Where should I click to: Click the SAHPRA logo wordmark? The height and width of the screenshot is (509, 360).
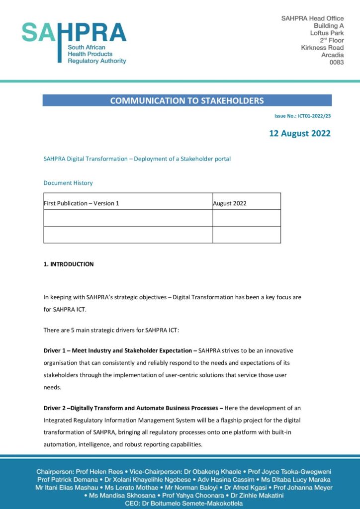pos(74,33)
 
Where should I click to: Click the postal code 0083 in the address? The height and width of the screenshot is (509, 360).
pos(336,63)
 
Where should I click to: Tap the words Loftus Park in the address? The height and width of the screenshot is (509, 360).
pos(327,33)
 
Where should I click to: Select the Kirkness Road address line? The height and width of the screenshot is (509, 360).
pos(322,48)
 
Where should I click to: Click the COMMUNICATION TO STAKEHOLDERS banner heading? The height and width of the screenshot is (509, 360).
pos(187,100)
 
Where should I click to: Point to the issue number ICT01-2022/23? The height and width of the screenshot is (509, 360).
pos(314,116)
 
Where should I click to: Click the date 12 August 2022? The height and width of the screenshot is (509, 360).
pos(300,133)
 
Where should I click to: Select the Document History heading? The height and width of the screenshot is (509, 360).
pos(68,183)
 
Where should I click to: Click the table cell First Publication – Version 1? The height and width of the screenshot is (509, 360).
pos(82,203)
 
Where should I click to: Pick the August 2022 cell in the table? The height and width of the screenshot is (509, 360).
pos(230,203)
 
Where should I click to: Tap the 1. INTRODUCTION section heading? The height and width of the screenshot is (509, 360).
pos(69,264)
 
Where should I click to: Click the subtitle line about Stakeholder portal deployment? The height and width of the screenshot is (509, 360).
pos(137,159)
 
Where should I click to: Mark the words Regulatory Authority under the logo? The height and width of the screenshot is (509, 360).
pos(97,61)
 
